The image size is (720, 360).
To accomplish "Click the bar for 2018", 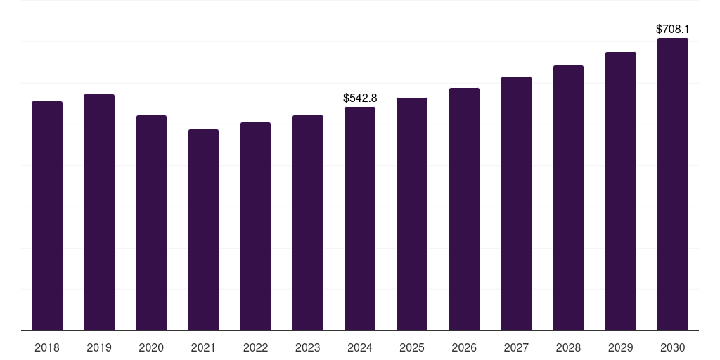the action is [x=47, y=216].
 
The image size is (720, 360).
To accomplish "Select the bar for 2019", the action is [x=99, y=212].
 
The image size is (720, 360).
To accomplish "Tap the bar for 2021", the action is [x=203, y=230].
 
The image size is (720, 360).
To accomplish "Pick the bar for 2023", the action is [x=308, y=223].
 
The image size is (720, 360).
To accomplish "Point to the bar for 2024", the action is [x=360, y=219].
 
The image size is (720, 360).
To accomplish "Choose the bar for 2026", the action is [x=464, y=210].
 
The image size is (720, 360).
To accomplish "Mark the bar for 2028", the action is [x=568, y=198].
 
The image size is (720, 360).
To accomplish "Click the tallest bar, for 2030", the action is [x=673, y=184].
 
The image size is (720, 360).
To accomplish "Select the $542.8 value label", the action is [x=360, y=98].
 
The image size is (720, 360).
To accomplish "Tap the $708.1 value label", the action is [x=673, y=30].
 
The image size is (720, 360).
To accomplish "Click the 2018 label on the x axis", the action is [x=47, y=348].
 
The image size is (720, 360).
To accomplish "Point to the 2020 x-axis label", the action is [x=151, y=348].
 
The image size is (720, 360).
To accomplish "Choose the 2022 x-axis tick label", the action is [x=255, y=348].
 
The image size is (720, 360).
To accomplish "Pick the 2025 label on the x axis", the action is [x=412, y=348].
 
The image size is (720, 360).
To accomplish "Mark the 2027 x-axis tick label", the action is [x=516, y=348].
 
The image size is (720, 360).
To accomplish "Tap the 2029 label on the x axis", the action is [x=620, y=348].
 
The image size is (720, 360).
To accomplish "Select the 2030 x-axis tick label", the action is [x=673, y=348].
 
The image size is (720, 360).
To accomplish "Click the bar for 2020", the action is [x=151, y=223].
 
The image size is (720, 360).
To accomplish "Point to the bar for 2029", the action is [x=621, y=191].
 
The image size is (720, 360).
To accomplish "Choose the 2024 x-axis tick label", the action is [x=360, y=348].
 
